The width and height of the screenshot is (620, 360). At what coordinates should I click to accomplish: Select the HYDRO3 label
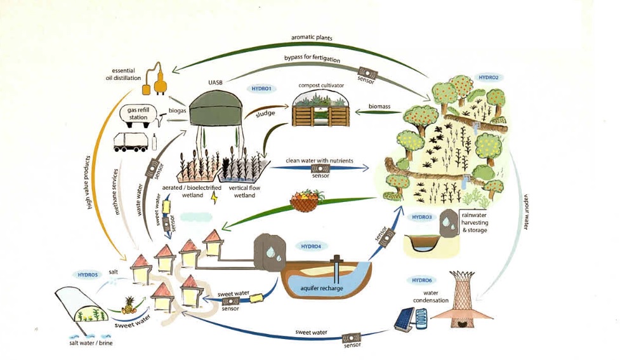tap(421, 218)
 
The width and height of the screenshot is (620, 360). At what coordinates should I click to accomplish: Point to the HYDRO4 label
tap(310, 246)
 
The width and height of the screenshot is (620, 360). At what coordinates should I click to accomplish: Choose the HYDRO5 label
tap(88, 275)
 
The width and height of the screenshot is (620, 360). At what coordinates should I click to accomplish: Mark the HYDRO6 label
tap(421, 280)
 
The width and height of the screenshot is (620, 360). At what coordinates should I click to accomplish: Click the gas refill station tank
tap(136, 114)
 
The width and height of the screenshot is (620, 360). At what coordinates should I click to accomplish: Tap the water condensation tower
tap(463, 298)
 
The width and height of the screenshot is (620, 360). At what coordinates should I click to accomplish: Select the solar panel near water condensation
tap(404, 319)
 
